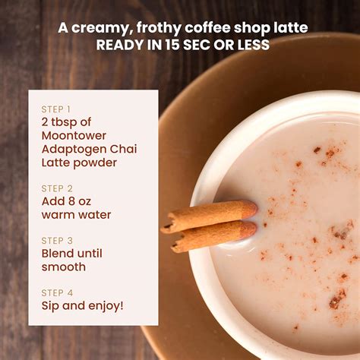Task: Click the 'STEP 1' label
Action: point(56,109)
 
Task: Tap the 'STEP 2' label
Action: point(57,188)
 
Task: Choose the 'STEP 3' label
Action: point(57,240)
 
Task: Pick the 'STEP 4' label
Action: point(57,292)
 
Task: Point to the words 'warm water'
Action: point(76,215)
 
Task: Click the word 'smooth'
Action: point(63,267)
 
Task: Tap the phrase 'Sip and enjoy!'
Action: point(82,306)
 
